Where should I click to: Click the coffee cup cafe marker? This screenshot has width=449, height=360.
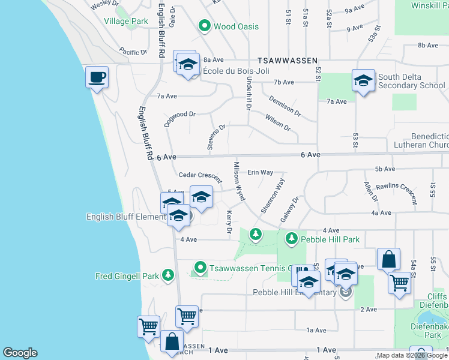(97, 77)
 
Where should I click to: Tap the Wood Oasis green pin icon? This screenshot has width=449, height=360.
(203, 26)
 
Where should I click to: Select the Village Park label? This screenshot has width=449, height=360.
(125, 21)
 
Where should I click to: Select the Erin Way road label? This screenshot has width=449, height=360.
(261, 172)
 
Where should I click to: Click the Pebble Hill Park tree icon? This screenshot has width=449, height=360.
(291, 239)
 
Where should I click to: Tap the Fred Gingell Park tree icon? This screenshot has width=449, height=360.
(169, 276)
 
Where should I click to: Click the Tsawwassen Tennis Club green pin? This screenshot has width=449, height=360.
(200, 268)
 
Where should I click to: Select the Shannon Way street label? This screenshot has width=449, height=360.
(273, 195)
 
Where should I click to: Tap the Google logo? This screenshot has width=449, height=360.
(20, 353)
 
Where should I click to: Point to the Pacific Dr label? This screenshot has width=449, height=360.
(133, 52)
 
